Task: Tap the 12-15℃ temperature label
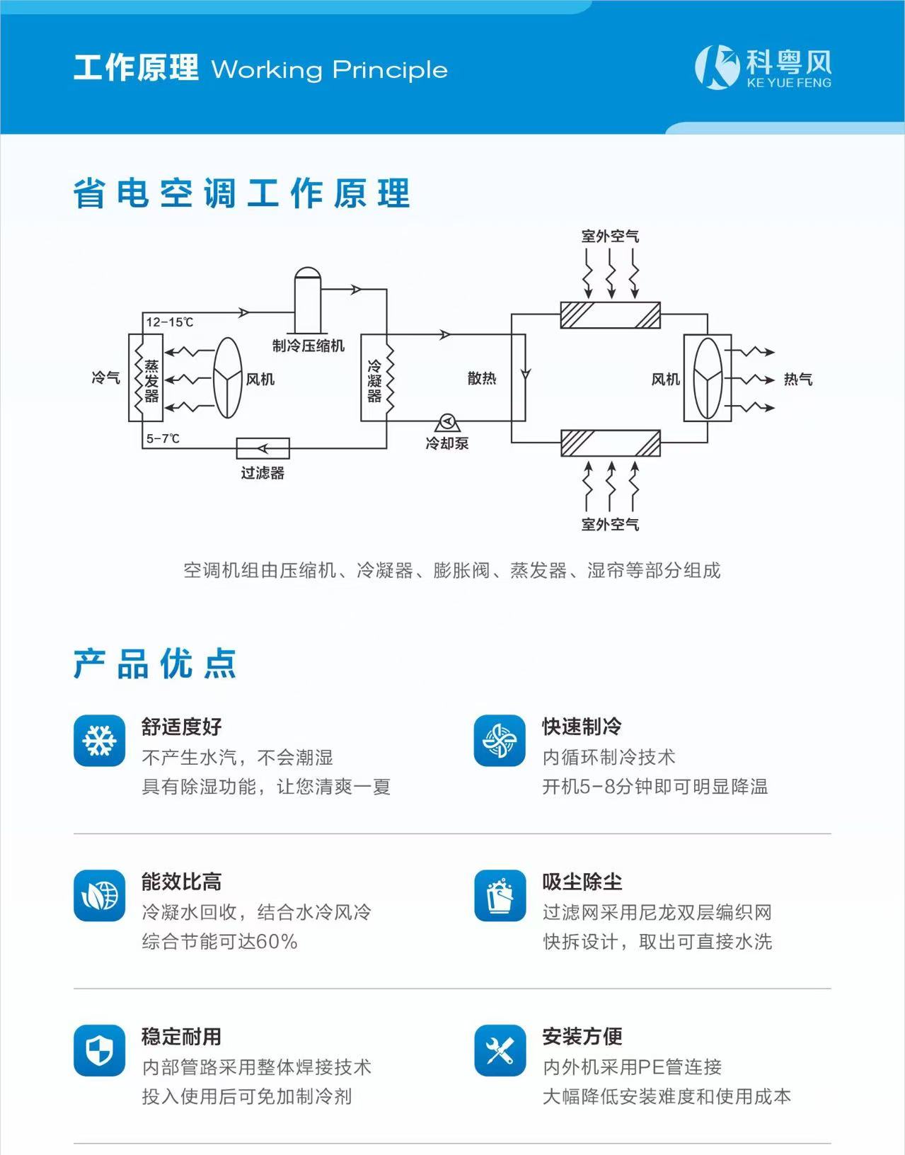pos(169,322)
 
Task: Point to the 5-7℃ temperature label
pos(163,438)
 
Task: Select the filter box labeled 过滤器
pos(263,448)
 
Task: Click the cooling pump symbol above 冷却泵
pos(446,422)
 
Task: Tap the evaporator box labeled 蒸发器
pos(145,378)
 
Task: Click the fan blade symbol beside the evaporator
pos(228,377)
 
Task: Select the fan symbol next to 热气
pos(708,379)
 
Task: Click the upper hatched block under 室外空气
pos(610,315)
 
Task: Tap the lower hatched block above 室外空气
pos(610,443)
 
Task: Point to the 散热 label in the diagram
pos(482,378)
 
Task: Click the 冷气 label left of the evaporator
pos(105,378)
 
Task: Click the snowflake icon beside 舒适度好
pos(100,741)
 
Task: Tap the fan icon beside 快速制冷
pos(500,741)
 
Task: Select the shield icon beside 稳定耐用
pos(100,1050)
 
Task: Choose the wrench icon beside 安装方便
pos(500,1050)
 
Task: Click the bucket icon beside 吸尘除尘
pos(500,896)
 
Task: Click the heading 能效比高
pos(181,882)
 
